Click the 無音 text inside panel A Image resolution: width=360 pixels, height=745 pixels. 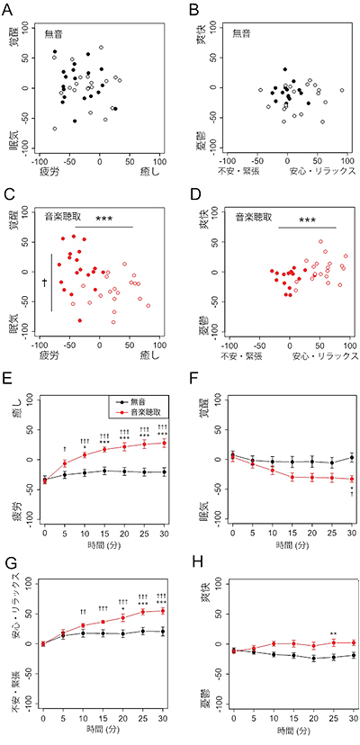tap(57, 34)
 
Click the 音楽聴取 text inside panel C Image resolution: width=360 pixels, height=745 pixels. tap(66, 217)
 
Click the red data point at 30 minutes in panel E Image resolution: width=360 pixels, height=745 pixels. tap(163, 443)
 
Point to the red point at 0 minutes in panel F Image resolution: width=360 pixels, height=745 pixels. tap(233, 455)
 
